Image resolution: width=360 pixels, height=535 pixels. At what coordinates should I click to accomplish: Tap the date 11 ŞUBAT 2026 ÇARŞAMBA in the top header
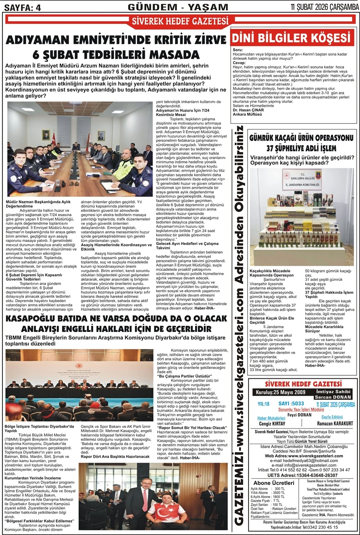click(324, 7)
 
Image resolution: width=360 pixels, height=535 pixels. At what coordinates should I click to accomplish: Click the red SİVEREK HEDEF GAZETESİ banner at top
click(180, 21)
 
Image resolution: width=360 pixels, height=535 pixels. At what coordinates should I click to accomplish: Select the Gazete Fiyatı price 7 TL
click(276, 500)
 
